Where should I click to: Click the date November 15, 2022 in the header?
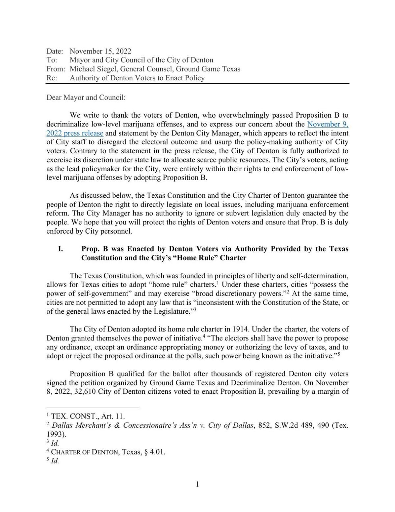100,51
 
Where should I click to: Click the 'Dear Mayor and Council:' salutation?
86,98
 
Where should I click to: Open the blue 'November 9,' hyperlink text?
328,124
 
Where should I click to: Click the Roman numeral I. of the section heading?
61,249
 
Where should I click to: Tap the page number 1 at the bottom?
197,484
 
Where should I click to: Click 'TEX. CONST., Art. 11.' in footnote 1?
88,416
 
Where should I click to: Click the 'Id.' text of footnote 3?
55,443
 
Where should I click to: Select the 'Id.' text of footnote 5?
55,461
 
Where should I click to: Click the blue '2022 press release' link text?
75,133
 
